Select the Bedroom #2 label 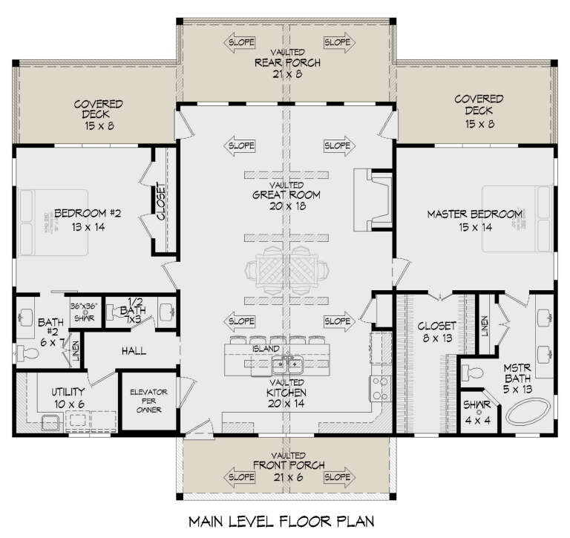tap(88, 220)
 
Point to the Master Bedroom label tap(475, 220)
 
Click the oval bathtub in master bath tap(528, 411)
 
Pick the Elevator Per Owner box tap(148, 401)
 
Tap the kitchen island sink tap(286, 364)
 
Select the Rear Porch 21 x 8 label tap(286, 63)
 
